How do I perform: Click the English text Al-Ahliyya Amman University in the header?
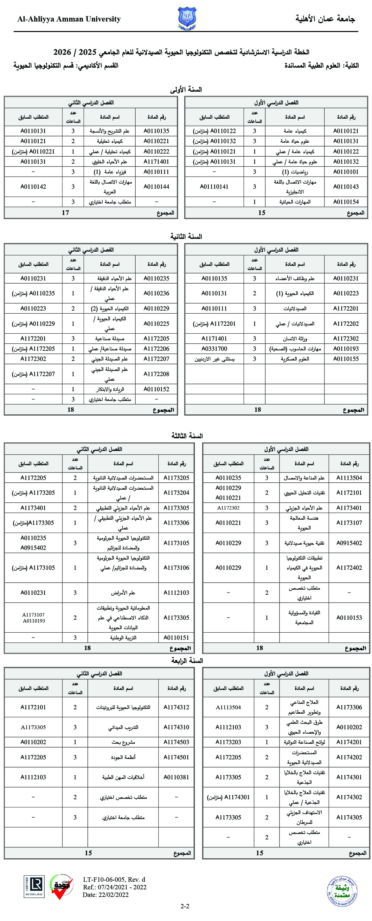tap(69, 19)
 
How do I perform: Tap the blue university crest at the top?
tap(187, 18)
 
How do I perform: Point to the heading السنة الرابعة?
tap(187, 660)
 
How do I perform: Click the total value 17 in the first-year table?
tap(65, 213)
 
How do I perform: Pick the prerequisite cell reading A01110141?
tap(214, 187)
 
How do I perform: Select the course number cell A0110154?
tap(345, 202)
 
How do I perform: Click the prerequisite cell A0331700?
tap(214, 348)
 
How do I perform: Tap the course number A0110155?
tap(345, 359)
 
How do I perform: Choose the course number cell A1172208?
tap(156, 374)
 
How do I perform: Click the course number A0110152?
tap(156, 389)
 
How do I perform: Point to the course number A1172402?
tap(349, 567)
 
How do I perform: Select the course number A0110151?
tap(176, 637)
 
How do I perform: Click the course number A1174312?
tap(176, 707)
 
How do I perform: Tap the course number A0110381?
tap(176, 777)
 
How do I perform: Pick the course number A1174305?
tap(349, 817)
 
